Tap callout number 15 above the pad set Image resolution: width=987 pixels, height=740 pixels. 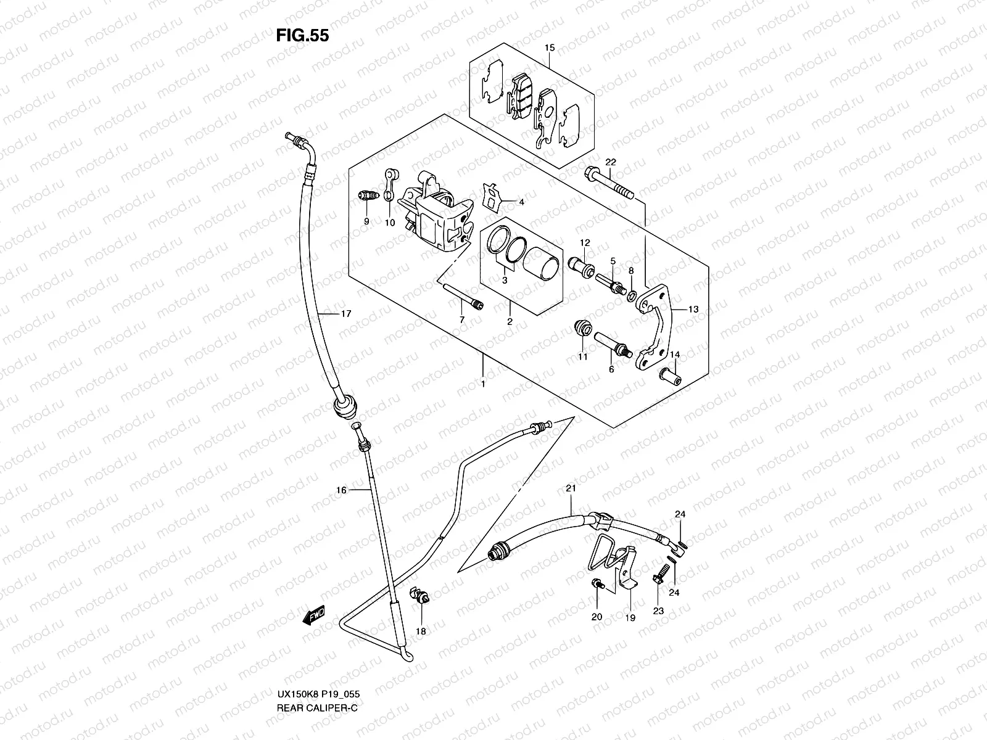pyautogui.click(x=550, y=47)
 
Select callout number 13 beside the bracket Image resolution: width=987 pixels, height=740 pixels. pyautogui.click(x=693, y=310)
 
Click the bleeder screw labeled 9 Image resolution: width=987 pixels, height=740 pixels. pyautogui.click(x=367, y=197)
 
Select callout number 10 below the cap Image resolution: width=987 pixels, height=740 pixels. pyautogui.click(x=389, y=223)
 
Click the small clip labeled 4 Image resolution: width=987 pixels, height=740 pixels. pyautogui.click(x=492, y=197)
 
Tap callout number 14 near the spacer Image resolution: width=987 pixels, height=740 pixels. pyautogui.click(x=675, y=355)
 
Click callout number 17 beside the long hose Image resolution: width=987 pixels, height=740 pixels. pyautogui.click(x=346, y=314)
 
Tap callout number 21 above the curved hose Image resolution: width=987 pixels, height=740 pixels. pyautogui.click(x=571, y=488)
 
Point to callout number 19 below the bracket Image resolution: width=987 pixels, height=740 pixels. pyautogui.click(x=630, y=617)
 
